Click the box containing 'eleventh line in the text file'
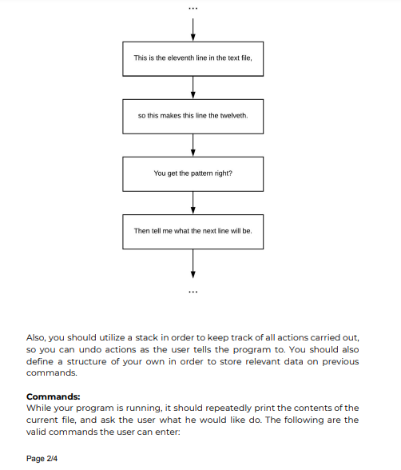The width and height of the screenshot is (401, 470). click(x=193, y=58)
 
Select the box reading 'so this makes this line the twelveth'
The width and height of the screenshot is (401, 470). click(x=193, y=116)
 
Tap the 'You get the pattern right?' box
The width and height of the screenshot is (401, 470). click(x=193, y=173)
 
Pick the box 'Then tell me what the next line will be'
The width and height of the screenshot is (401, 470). click(x=193, y=231)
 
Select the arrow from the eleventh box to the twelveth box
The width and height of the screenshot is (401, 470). click(x=193, y=87)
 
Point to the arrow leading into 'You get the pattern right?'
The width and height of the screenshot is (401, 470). click(x=193, y=145)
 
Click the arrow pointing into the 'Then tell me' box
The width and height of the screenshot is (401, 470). click(x=193, y=202)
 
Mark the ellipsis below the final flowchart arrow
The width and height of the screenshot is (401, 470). click(x=193, y=290)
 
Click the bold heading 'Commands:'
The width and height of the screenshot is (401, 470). click(x=53, y=396)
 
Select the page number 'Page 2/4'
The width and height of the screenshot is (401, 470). click(x=42, y=459)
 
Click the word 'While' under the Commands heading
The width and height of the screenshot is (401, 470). click(x=39, y=408)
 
